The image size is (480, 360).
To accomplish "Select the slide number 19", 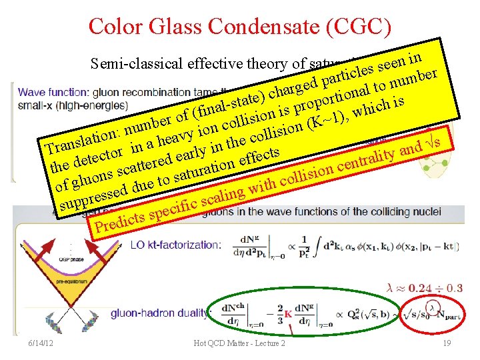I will click(447, 342).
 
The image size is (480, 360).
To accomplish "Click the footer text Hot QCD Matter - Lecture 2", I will click(239, 343).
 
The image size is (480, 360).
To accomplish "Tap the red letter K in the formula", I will click(288, 314).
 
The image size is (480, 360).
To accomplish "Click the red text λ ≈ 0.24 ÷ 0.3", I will click(425, 287).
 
